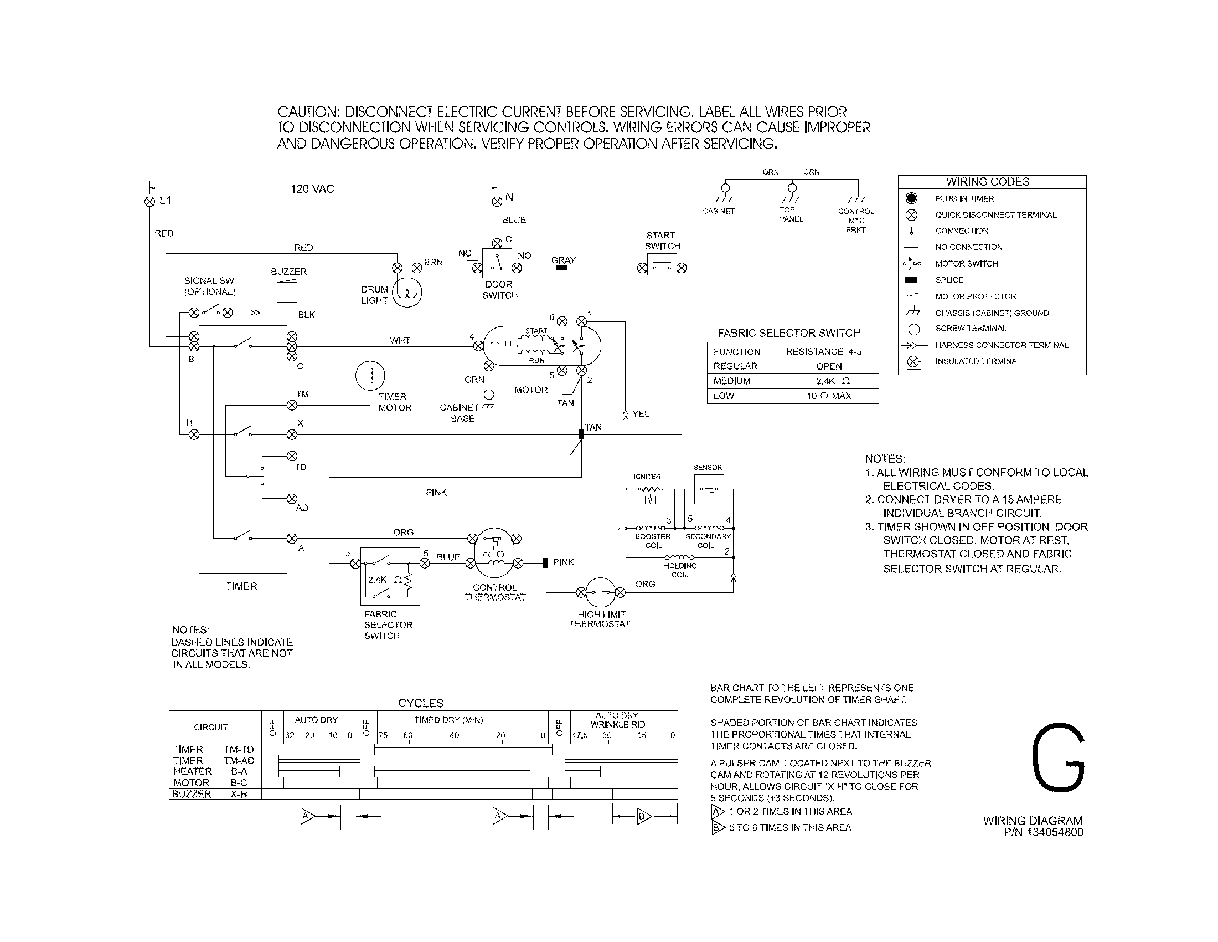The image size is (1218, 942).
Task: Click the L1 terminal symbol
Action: [x=149, y=202]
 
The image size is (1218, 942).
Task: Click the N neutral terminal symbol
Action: [x=497, y=201]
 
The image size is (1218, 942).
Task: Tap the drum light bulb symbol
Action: [x=407, y=292]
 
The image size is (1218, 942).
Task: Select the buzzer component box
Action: [x=287, y=292]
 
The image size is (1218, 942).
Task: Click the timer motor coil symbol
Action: [x=370, y=376]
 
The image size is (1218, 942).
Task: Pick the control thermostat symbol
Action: [x=494, y=551]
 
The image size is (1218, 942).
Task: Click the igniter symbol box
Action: [x=650, y=491]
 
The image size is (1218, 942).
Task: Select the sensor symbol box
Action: [x=708, y=489]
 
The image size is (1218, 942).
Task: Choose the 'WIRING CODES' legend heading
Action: [x=988, y=182]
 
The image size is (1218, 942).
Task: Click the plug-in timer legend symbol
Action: [x=911, y=198]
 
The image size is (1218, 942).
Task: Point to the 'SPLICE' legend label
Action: [x=949, y=280]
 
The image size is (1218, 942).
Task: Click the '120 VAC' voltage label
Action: [x=312, y=189]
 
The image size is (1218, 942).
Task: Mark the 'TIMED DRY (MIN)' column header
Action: [x=448, y=720]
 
